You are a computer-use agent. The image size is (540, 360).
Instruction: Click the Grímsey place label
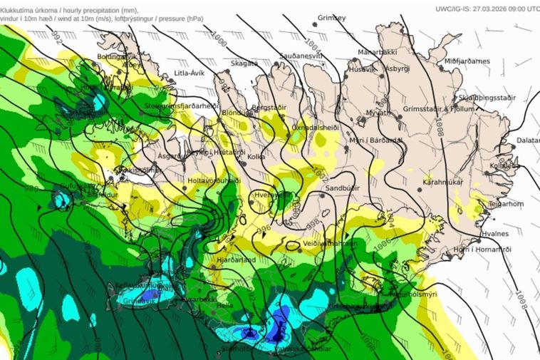tap(331, 17)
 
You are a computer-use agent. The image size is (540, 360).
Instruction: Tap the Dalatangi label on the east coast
tap(528, 140)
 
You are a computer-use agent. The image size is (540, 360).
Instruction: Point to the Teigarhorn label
tap(506, 203)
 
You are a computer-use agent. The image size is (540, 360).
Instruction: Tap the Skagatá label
tap(244, 63)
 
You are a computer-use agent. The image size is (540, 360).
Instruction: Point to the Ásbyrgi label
tap(397, 68)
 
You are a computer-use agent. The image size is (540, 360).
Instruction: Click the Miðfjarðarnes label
tap(467, 61)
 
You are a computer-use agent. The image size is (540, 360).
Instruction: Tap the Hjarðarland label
tap(236, 261)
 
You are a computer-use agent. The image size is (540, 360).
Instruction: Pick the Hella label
tap(224, 304)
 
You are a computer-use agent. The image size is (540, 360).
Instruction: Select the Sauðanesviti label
tap(302, 55)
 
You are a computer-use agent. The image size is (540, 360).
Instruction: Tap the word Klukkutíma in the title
tap(19, 5)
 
